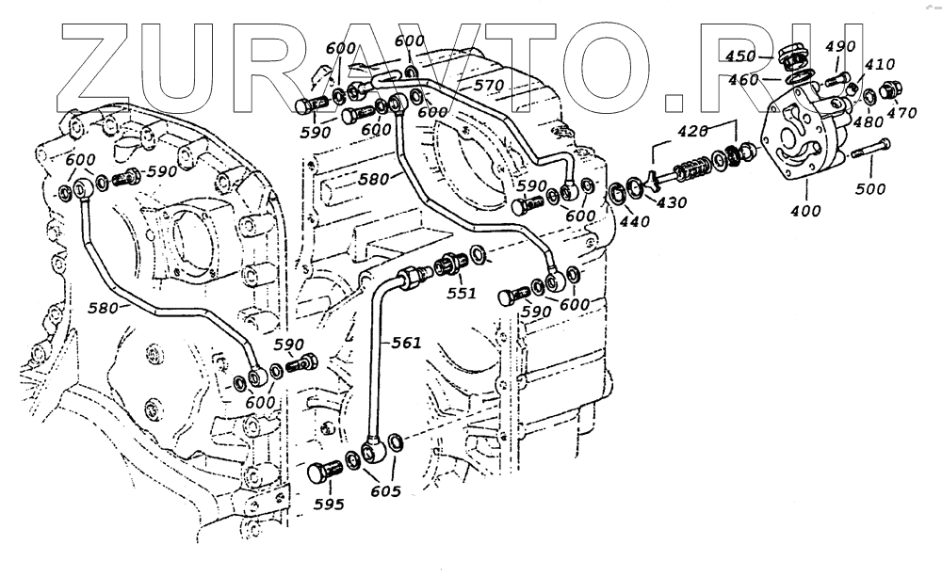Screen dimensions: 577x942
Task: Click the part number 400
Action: tap(806, 211)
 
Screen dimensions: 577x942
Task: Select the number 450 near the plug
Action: tap(741, 56)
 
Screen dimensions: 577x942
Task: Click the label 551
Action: tap(462, 294)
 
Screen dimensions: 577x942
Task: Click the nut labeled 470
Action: tap(888, 93)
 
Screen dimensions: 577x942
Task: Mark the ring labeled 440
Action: tap(614, 194)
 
